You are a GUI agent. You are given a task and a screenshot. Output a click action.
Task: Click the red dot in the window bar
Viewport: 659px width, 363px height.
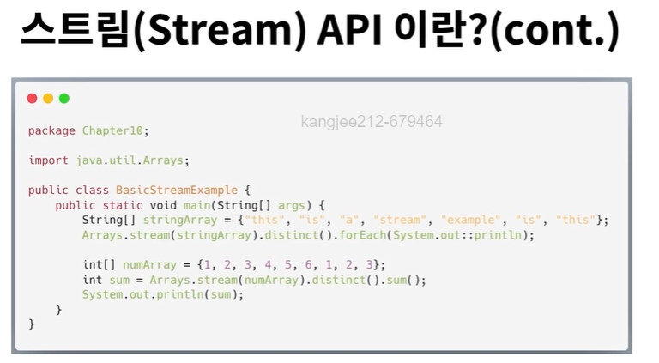(x=33, y=99)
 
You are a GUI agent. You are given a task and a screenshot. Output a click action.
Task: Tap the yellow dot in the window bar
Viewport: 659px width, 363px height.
(x=48, y=99)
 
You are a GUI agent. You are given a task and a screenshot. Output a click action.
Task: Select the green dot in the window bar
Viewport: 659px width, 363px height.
(x=63, y=99)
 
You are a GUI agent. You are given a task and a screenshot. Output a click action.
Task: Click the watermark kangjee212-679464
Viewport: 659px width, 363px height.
(x=372, y=122)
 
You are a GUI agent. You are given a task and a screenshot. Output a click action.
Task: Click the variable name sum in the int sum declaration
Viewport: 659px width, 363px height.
(x=119, y=280)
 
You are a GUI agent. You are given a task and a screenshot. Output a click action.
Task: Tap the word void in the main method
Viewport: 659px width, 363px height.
(x=162, y=205)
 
